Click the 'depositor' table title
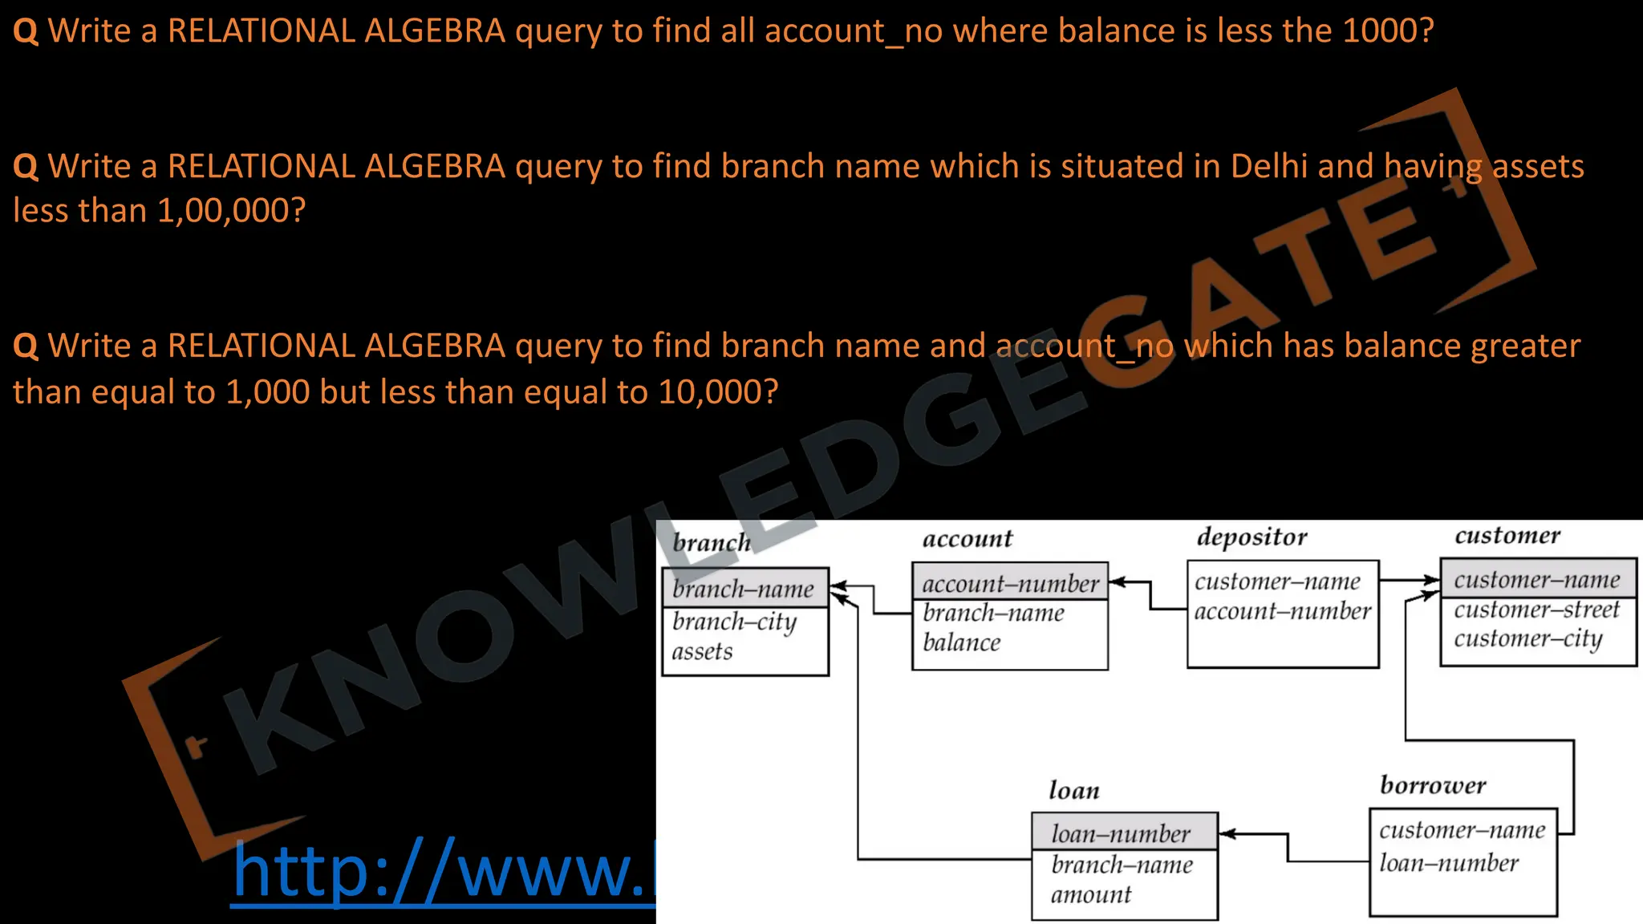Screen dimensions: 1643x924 tap(1252, 537)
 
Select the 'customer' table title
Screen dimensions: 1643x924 tap(1507, 536)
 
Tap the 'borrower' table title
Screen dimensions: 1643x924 tap(1433, 785)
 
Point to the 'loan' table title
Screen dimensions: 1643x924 tap(1074, 791)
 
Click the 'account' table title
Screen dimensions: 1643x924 tap(968, 539)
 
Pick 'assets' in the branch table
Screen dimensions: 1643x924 tap(702, 652)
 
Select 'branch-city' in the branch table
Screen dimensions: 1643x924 tap(734, 622)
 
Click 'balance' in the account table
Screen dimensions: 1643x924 tap(961, 643)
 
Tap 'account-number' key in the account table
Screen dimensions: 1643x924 tap(1010, 584)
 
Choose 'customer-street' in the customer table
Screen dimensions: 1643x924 tap(1536, 610)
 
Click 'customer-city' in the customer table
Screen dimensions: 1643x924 tap(1527, 639)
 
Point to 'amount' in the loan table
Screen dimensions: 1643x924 tap(1091, 895)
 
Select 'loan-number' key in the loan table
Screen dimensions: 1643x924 tap(1121, 834)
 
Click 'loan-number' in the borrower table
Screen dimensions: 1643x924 tap(1449, 864)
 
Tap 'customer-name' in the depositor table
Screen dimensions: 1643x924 tap(1277, 582)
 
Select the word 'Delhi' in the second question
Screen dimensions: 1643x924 tap(1269, 167)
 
